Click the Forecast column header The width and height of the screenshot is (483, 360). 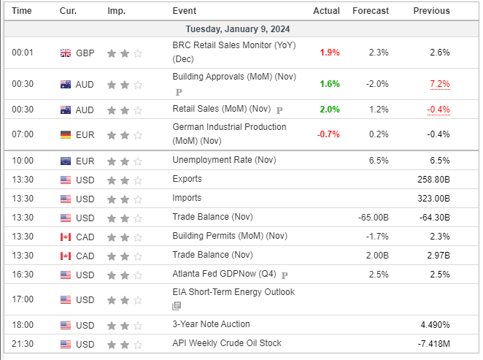(370, 11)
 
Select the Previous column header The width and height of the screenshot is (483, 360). (431, 11)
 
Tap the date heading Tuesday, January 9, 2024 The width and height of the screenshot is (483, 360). (241, 29)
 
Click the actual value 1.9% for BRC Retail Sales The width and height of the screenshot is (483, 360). (329, 53)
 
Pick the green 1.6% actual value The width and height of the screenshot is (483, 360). (329, 84)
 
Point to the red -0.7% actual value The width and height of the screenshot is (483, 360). (328, 134)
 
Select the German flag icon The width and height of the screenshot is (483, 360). (66, 135)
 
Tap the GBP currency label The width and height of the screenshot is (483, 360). (85, 53)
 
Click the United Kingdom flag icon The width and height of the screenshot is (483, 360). (66, 53)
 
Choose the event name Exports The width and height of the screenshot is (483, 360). (187, 179)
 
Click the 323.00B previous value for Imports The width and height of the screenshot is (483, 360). (432, 198)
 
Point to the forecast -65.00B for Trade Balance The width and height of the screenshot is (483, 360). (371, 218)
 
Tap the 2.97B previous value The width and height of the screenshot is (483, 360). (437, 255)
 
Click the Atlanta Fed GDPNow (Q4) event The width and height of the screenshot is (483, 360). (224, 275)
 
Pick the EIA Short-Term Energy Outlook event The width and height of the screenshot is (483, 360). (233, 292)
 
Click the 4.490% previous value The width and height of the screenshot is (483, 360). (434, 324)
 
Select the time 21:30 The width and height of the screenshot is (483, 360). (23, 343)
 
